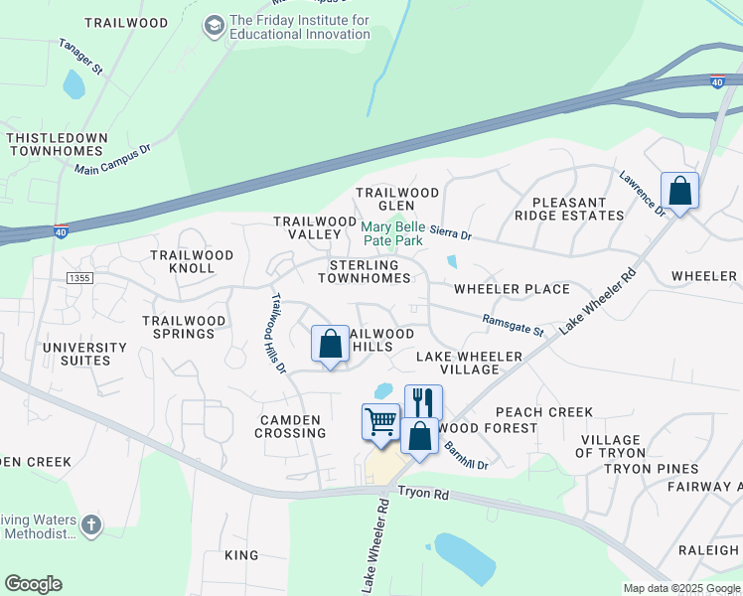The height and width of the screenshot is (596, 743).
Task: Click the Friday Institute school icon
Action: [214, 26]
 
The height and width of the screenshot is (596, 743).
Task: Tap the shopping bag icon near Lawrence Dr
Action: [679, 190]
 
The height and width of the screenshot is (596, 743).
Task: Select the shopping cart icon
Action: [380, 421]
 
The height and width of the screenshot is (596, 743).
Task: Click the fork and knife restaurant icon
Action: [422, 402]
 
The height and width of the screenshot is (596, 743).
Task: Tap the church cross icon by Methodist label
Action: [90, 524]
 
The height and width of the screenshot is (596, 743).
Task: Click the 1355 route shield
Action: [80, 278]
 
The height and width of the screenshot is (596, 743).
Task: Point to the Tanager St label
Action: [80, 58]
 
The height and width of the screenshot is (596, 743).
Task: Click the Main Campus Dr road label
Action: [112, 159]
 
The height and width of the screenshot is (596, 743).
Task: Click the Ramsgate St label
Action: [514, 325]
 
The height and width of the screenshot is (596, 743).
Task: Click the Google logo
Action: [33, 584]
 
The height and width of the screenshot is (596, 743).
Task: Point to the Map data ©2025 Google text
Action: [680, 588]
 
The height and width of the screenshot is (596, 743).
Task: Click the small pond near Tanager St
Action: [74, 83]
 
